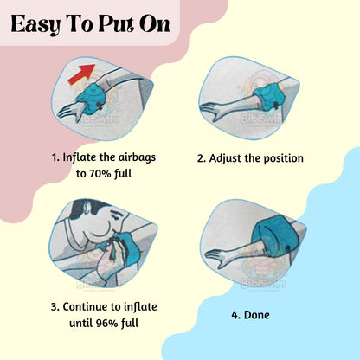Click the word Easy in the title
tap(35, 25)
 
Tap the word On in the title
tap(155, 24)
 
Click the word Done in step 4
tap(257, 315)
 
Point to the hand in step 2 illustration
tap(214, 111)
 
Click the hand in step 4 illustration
tap(219, 256)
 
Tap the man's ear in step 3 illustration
tap(88, 207)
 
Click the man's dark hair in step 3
tap(88, 206)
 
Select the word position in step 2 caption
tap(284, 158)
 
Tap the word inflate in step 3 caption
tap(140, 306)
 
